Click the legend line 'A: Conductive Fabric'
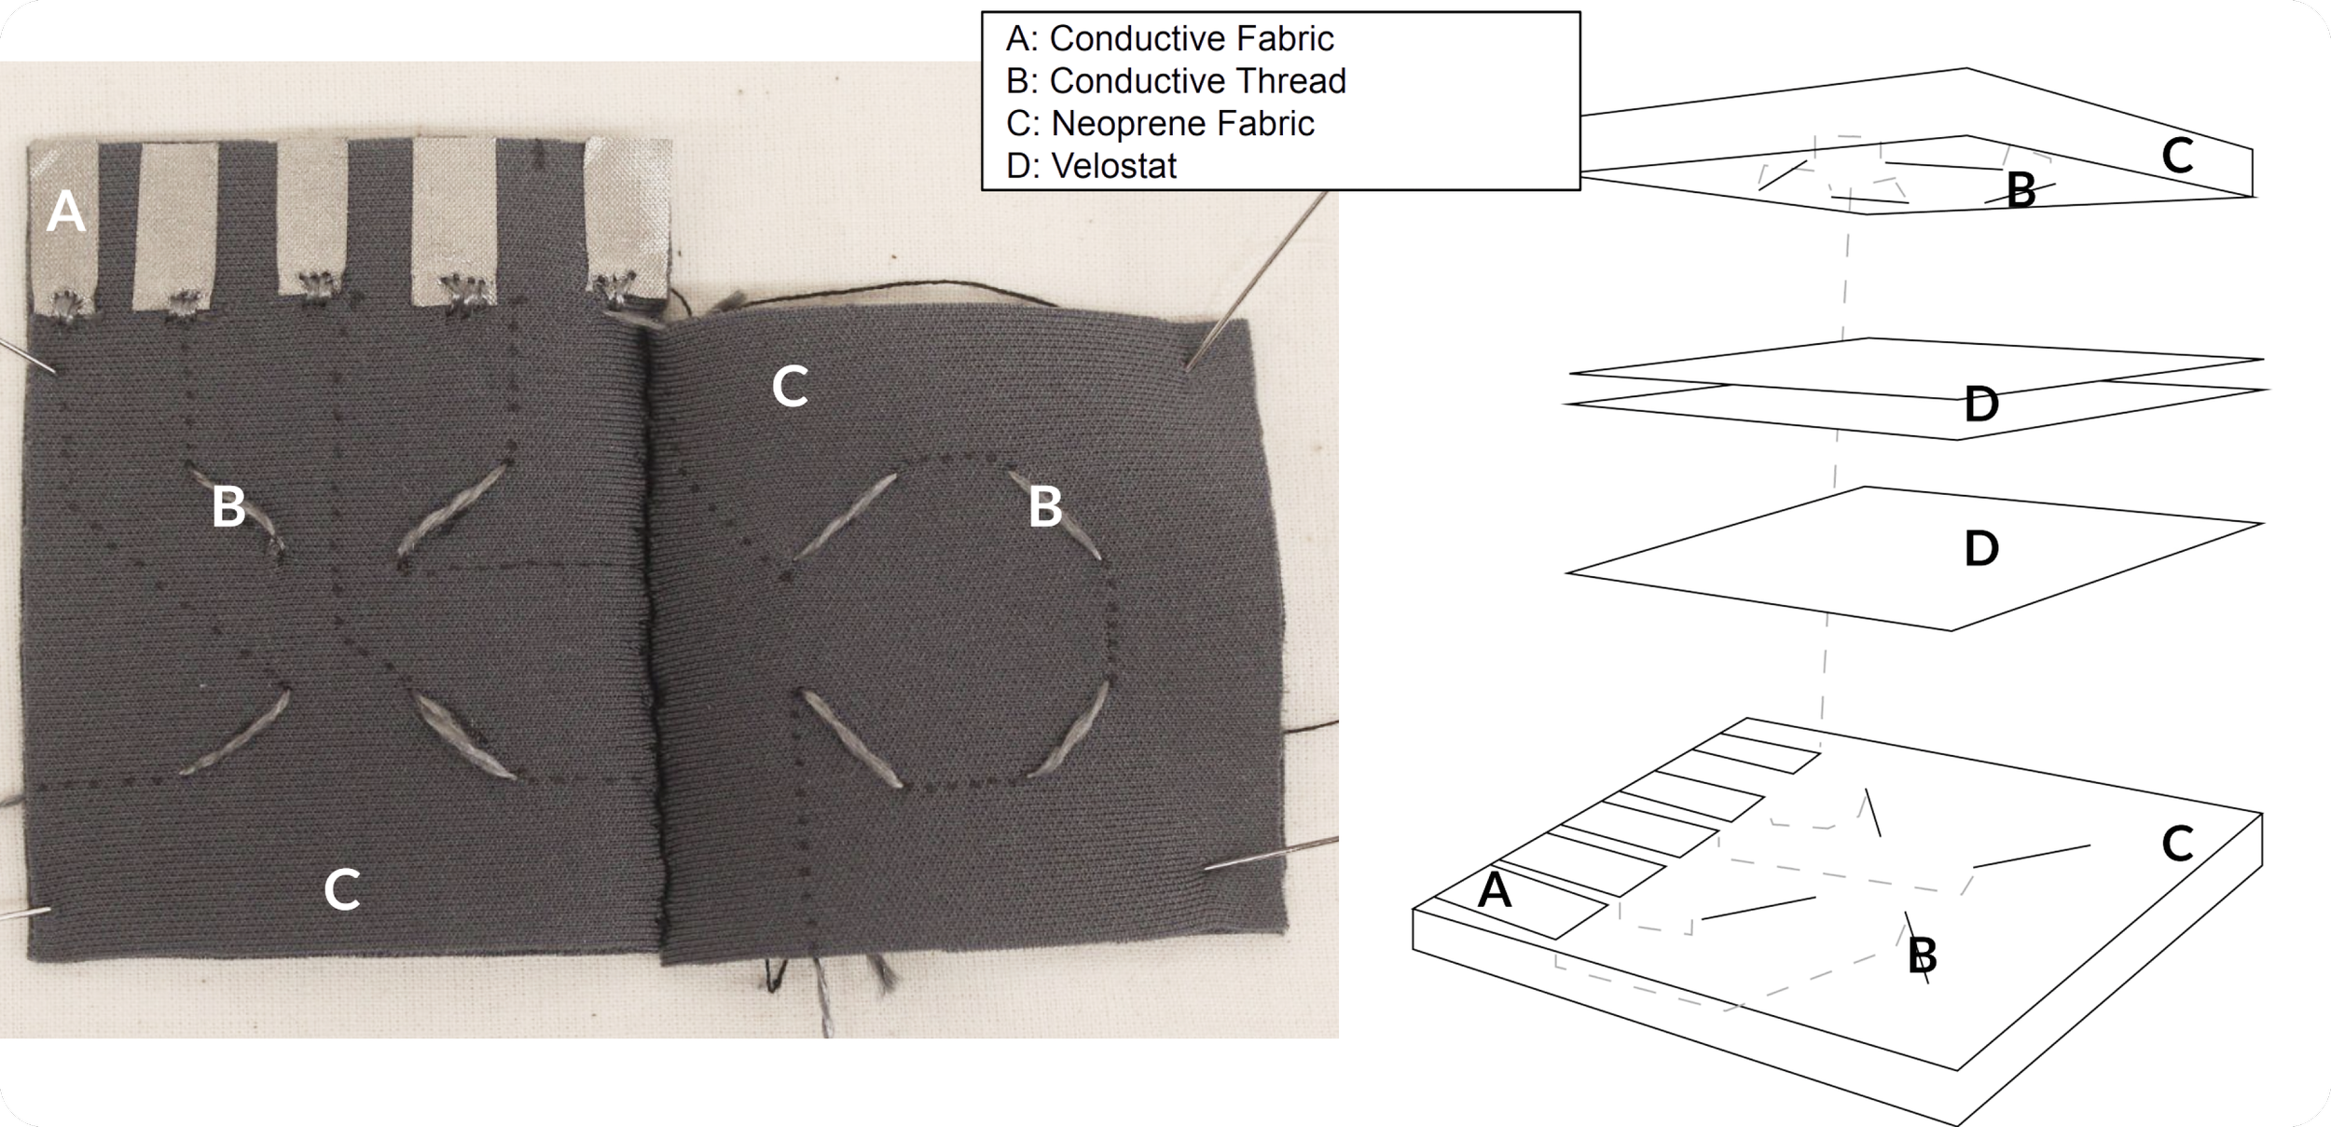(x=1169, y=39)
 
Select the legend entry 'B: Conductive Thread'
(x=1176, y=82)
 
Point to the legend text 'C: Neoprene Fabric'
(x=1160, y=124)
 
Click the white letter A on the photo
(x=65, y=212)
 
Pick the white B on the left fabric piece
(x=228, y=507)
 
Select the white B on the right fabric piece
(x=1045, y=507)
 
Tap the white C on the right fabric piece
(x=790, y=387)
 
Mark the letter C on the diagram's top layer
(x=2177, y=157)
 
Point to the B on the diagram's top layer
(x=2021, y=191)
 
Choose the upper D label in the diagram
(x=1981, y=405)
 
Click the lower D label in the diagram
(x=1981, y=548)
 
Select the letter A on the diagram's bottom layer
(x=1495, y=891)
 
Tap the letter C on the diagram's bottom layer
(x=2177, y=845)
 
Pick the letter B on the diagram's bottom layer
(x=1923, y=955)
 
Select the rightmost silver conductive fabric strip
(x=628, y=214)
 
